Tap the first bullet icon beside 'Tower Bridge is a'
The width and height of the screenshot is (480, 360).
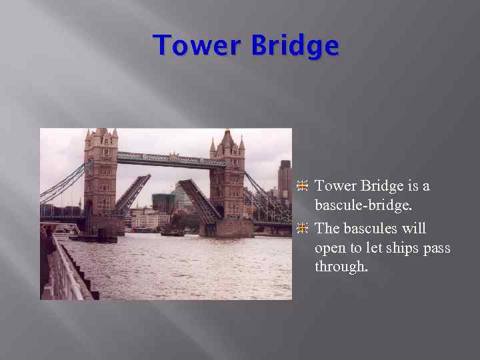[x=303, y=185]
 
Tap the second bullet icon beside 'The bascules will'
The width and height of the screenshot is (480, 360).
[x=303, y=229]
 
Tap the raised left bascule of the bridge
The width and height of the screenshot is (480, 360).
[x=132, y=193]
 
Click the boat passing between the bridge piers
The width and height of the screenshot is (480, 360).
[x=173, y=233]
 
